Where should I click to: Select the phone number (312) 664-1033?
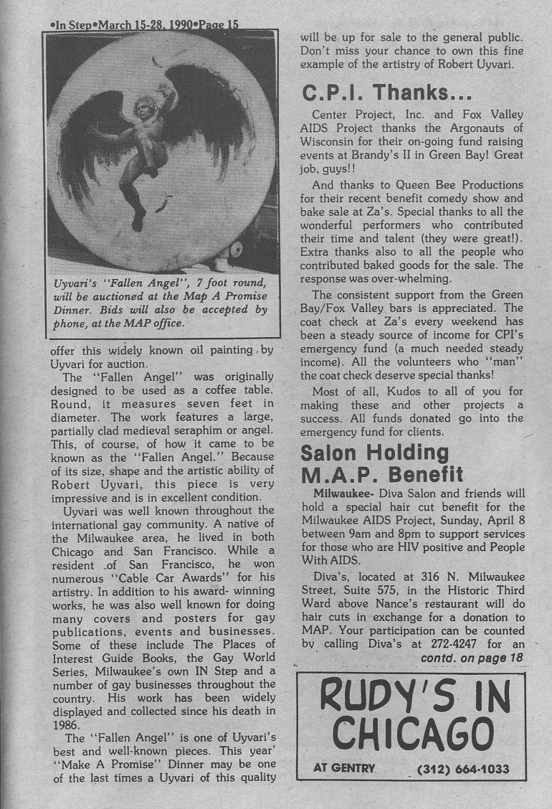(463, 770)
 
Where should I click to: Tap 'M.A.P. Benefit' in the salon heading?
(382, 474)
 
